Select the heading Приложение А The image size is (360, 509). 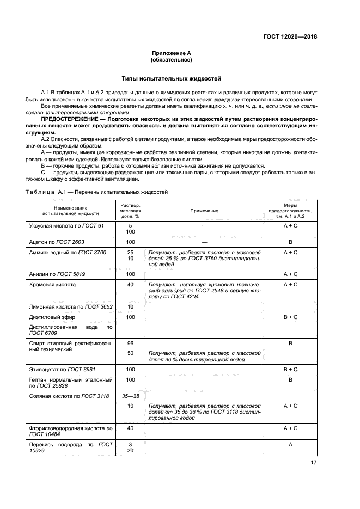171,53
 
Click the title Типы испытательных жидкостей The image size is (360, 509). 171,78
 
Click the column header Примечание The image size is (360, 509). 204,210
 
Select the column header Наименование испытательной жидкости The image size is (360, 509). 70,211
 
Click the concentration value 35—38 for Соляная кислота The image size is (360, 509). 130,396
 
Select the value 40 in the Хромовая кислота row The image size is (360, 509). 130,284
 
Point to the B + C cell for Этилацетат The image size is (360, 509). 290,369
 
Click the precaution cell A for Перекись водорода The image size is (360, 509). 290,444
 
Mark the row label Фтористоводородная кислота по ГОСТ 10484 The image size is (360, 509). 70,431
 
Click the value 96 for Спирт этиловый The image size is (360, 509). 130,344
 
